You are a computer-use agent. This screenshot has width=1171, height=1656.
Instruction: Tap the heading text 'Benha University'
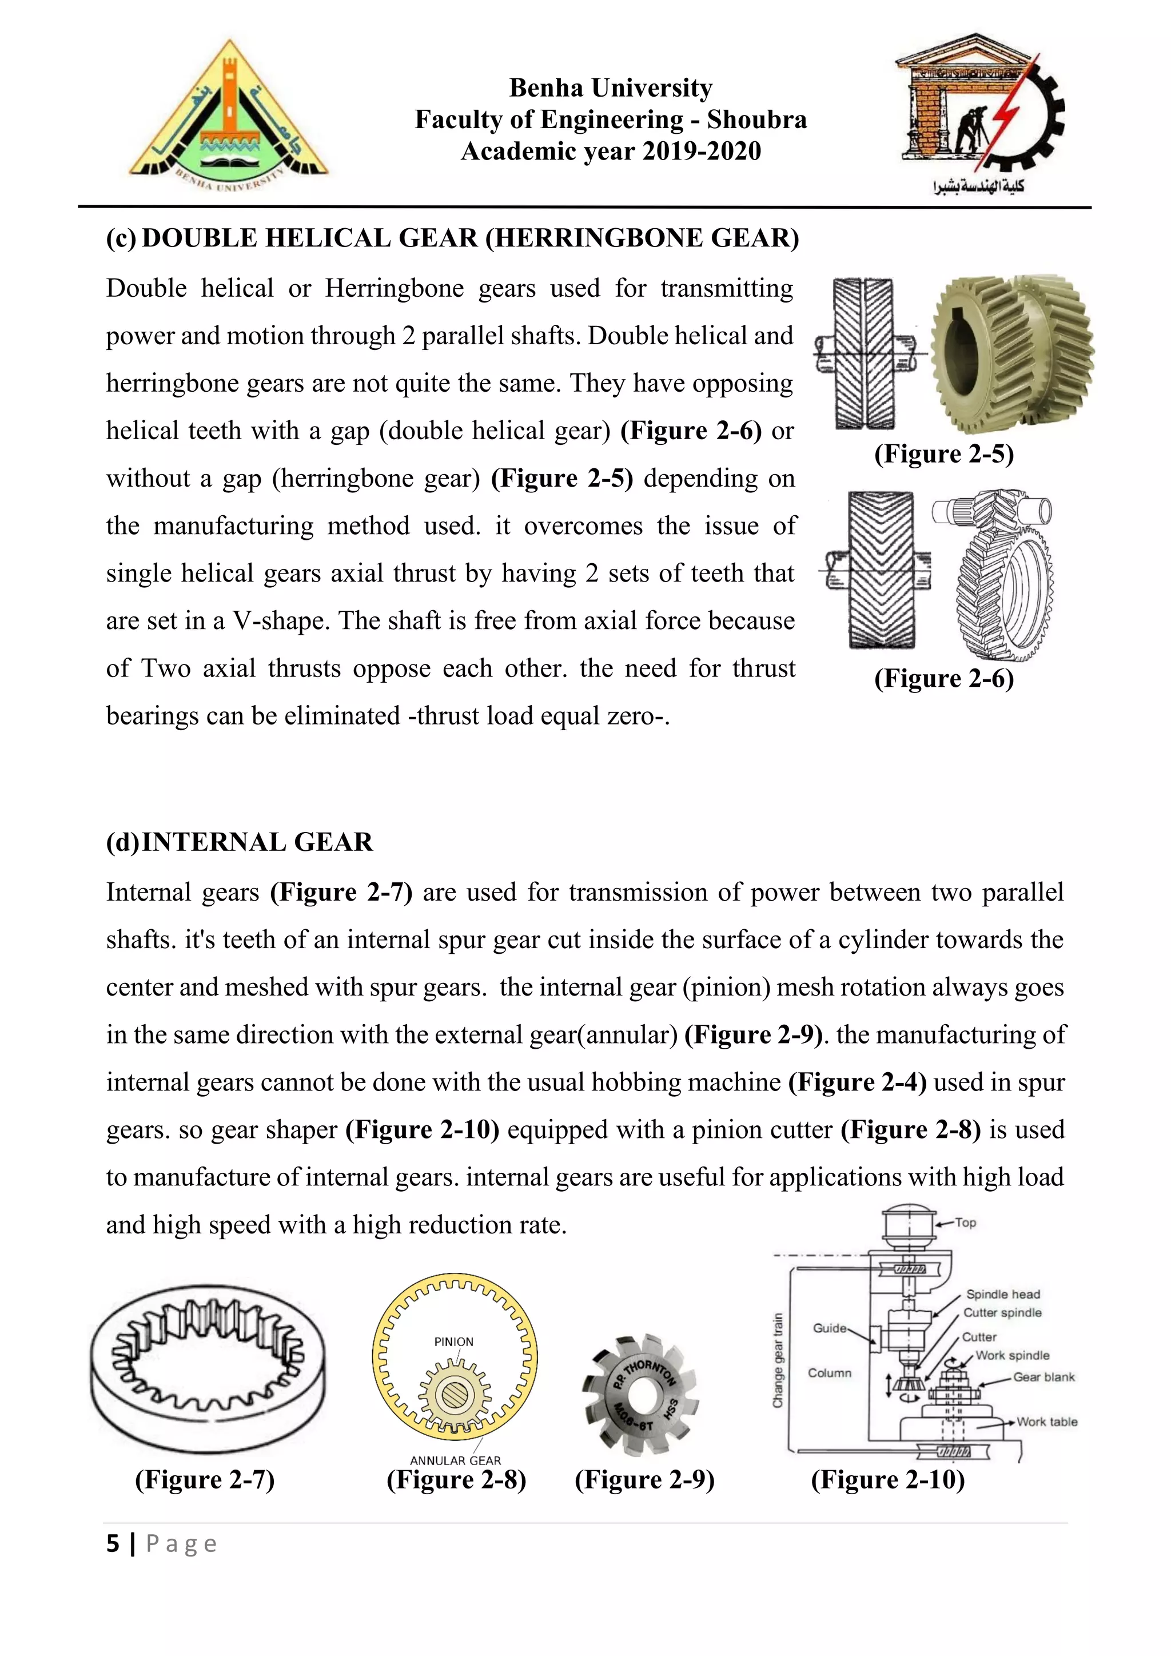pyautogui.click(x=611, y=88)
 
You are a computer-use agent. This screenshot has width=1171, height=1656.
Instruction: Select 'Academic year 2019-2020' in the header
pyautogui.click(x=611, y=152)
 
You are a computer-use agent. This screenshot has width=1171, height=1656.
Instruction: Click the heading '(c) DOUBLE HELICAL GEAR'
pyautogui.click(x=452, y=238)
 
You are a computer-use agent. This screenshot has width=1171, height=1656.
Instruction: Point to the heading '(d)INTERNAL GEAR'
pyautogui.click(x=240, y=842)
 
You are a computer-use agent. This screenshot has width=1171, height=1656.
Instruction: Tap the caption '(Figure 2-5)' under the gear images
pyautogui.click(x=944, y=453)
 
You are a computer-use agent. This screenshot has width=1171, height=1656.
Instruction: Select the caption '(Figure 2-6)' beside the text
pyautogui.click(x=944, y=679)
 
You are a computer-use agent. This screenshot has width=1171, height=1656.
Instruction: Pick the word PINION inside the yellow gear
pyautogui.click(x=453, y=1341)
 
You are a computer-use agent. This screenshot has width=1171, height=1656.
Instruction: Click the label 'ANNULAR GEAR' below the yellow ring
pyautogui.click(x=455, y=1460)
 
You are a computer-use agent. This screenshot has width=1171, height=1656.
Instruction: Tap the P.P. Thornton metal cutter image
pyautogui.click(x=640, y=1394)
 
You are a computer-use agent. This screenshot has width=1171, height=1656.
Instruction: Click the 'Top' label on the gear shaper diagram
pyautogui.click(x=966, y=1223)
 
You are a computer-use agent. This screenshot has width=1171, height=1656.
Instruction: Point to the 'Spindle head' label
pyautogui.click(x=1003, y=1294)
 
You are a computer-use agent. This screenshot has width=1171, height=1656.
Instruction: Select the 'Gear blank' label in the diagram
pyautogui.click(x=1043, y=1377)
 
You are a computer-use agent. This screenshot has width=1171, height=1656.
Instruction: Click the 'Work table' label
pyautogui.click(x=1047, y=1422)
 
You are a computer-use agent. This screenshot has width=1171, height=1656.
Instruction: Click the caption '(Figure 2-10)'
pyautogui.click(x=887, y=1479)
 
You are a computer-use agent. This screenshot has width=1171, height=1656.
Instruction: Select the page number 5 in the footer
pyautogui.click(x=113, y=1543)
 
